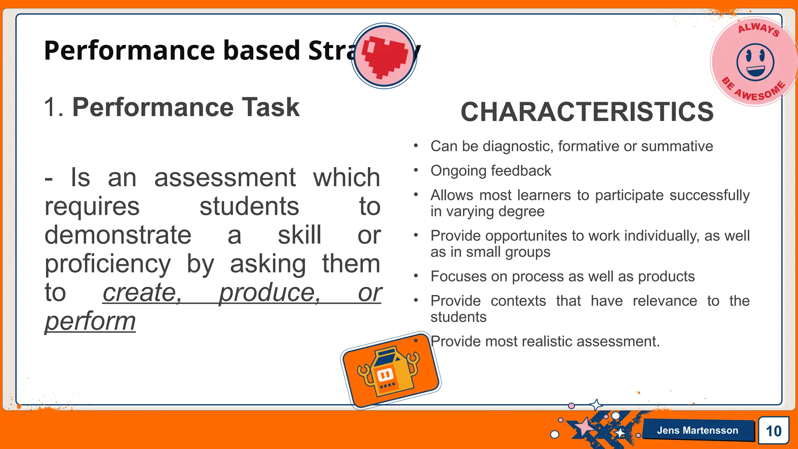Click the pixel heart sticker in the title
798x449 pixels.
coord(384,56)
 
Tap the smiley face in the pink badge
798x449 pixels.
coord(755,62)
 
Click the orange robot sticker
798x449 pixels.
coord(391,370)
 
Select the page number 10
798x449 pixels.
coord(773,431)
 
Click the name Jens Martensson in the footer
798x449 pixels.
coord(697,430)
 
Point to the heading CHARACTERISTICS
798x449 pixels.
coord(587,112)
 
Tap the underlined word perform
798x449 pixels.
coord(90,321)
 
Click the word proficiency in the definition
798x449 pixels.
coord(108,264)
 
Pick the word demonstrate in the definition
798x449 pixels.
coord(118,235)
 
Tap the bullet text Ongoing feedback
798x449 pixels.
coord(491,171)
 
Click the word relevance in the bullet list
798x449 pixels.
coord(665,301)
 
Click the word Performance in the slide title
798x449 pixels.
coord(129,51)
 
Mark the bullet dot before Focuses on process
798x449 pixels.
coord(416,276)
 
